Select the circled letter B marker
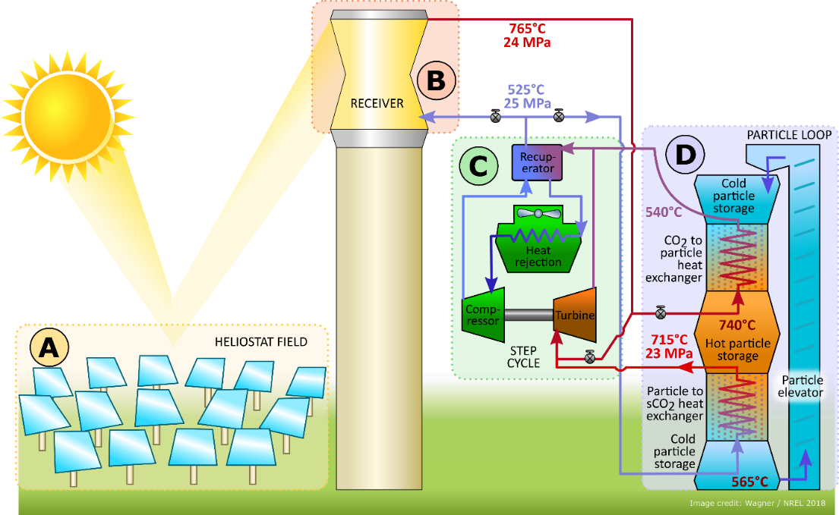[435, 80]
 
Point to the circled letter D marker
[685, 155]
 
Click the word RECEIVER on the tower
[377, 103]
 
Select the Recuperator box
[538, 162]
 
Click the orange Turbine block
[574, 315]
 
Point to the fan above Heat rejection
[538, 215]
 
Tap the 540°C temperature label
[663, 212]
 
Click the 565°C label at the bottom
[752, 481]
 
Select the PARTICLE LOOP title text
[789, 135]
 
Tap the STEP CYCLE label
[522, 357]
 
